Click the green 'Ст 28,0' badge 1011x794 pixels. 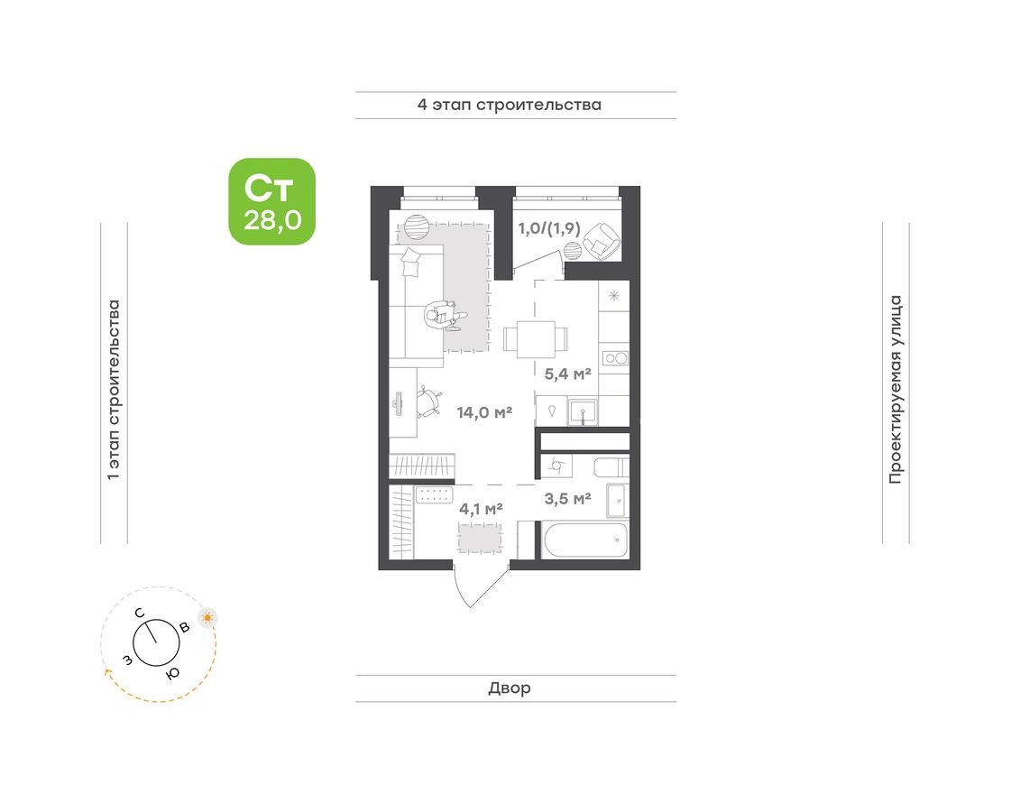[271, 201]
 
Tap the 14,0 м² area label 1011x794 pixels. [484, 412]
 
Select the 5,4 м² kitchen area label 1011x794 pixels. [568, 372]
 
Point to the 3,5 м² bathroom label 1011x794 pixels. [567, 497]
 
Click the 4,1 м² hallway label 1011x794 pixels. [481, 508]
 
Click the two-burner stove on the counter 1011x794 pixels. [615, 358]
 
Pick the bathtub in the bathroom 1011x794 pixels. [584, 540]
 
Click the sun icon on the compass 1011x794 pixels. [208, 618]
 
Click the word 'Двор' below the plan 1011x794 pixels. [510, 688]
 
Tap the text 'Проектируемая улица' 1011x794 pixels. [895, 388]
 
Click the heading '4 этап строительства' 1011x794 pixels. [509, 105]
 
